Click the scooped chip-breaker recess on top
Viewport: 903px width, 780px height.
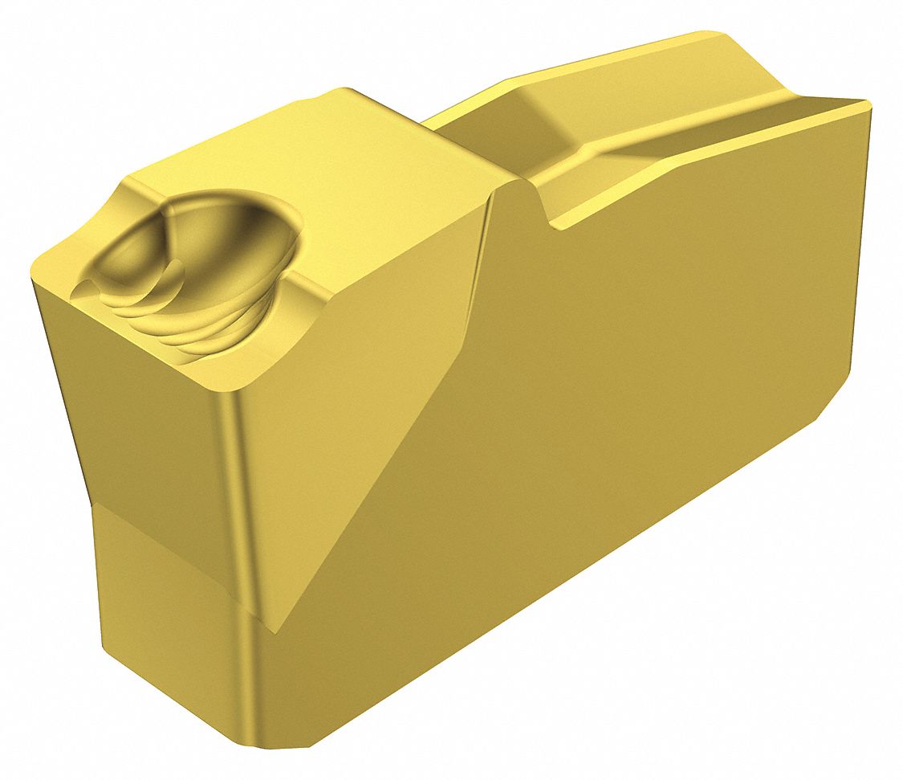pos(201,257)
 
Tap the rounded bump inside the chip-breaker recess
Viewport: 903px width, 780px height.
pos(136,257)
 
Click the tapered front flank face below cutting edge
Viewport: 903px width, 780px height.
pos(144,426)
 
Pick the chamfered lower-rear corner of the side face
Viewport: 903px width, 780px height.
pos(835,402)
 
